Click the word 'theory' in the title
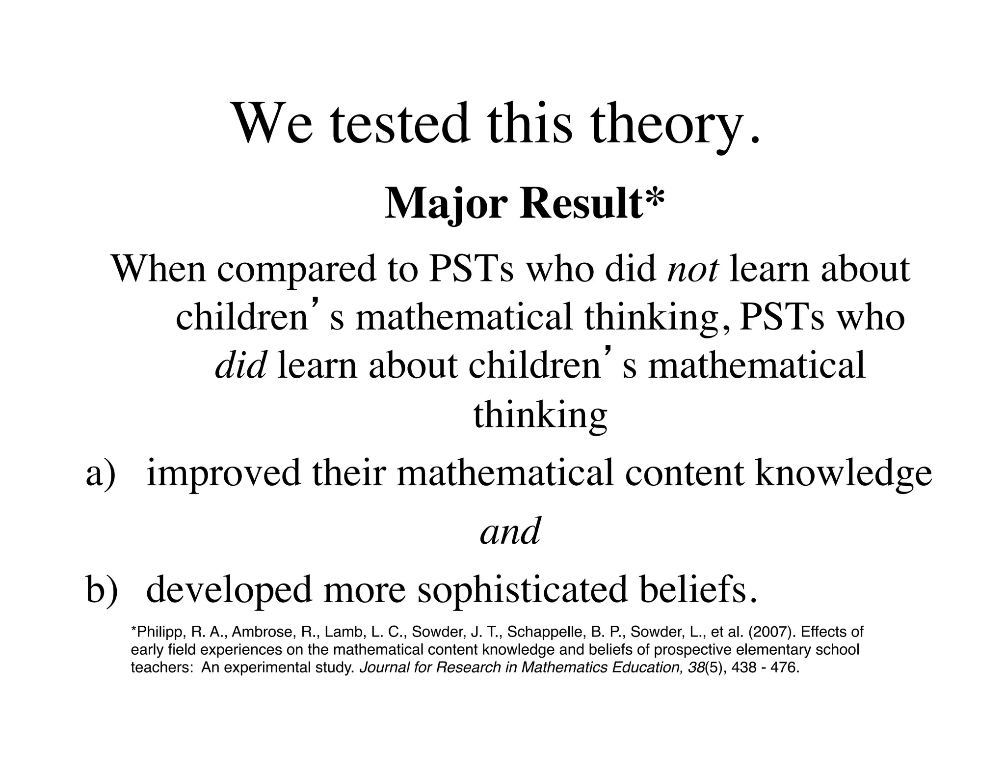pyautogui.click(x=669, y=124)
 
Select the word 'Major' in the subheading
pyautogui.click(x=446, y=204)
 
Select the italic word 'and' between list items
pyautogui.click(x=510, y=531)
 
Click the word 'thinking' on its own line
pyautogui.click(x=540, y=416)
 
